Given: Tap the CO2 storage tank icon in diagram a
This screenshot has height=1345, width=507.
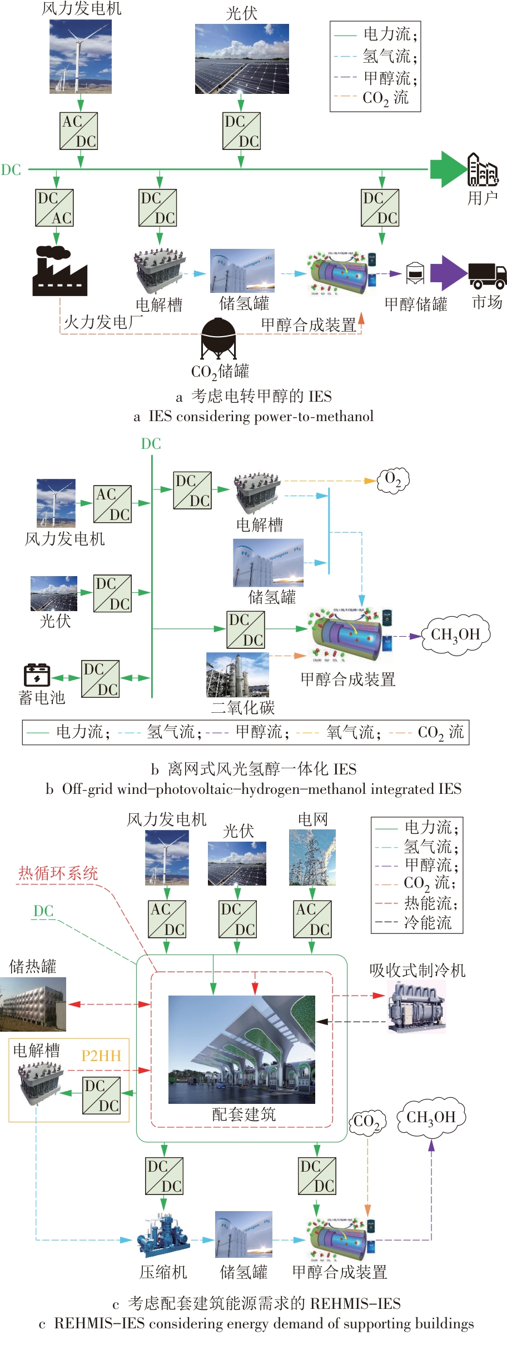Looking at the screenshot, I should coord(218,337).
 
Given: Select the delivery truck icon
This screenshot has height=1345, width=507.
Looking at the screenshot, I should coord(487,275).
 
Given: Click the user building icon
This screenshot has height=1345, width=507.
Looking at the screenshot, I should coord(482,169).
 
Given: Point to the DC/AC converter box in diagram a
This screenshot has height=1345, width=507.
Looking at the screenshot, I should coord(54,208).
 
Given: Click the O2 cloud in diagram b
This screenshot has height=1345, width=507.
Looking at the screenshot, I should coord(393,479).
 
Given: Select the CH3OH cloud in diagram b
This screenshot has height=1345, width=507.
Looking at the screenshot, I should coord(455,634).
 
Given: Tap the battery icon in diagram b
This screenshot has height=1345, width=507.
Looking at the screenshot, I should coord(37,675).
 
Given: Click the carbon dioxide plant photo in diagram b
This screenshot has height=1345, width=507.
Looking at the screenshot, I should coord(237,674).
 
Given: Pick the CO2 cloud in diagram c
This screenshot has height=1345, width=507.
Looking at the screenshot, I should coord(366,1121).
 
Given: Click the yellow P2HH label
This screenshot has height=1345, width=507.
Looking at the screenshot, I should coord(101,1056).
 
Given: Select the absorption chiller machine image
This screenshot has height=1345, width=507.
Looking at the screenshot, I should coord(416,1007).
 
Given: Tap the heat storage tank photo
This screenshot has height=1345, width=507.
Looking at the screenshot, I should coord(33,1004).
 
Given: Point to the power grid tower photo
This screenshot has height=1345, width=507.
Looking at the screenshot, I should coord(312,857).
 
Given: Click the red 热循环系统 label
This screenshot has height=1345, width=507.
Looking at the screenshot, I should coord(58,873).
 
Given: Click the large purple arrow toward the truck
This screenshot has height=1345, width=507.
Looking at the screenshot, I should coord(448,273).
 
